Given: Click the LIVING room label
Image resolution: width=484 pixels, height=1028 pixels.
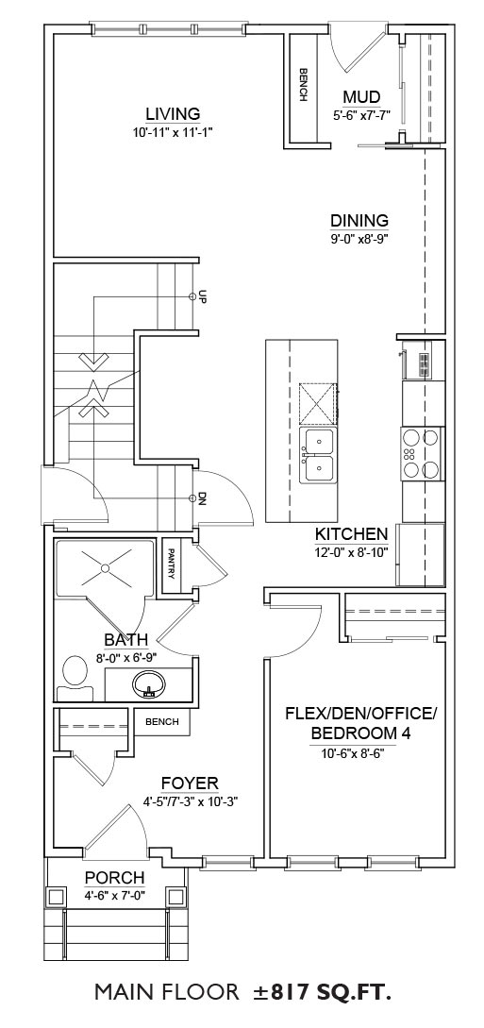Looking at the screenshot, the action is tap(173, 114).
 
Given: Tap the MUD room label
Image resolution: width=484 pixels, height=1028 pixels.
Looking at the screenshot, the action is tap(361, 97).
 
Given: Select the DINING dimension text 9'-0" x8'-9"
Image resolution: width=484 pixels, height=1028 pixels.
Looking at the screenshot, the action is tap(359, 239).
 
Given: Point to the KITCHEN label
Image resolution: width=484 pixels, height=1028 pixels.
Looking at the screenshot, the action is tap(352, 533).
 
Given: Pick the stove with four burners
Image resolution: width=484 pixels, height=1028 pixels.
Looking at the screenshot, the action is tap(421, 454).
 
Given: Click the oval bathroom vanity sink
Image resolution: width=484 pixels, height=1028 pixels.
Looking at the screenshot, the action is tap(149, 684).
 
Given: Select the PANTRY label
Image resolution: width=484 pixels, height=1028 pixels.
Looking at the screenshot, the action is tap(171, 564).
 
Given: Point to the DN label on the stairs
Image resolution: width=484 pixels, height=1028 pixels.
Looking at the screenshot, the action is tap(203, 499).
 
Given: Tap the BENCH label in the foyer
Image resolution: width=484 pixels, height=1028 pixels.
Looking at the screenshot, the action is tap(161, 722).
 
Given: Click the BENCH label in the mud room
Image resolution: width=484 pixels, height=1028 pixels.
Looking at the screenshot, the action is tap(303, 85).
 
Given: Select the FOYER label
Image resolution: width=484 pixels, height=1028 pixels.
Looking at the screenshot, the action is tap(190, 784).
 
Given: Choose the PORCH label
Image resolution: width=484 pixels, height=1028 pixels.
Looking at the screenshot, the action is tap(114, 877).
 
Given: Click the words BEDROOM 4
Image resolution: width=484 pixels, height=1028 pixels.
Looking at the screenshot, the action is tap(360, 733).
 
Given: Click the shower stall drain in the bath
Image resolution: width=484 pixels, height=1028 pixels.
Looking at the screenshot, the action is tap(104, 568).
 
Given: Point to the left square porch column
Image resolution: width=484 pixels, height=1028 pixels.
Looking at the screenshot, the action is tap(55, 896).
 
